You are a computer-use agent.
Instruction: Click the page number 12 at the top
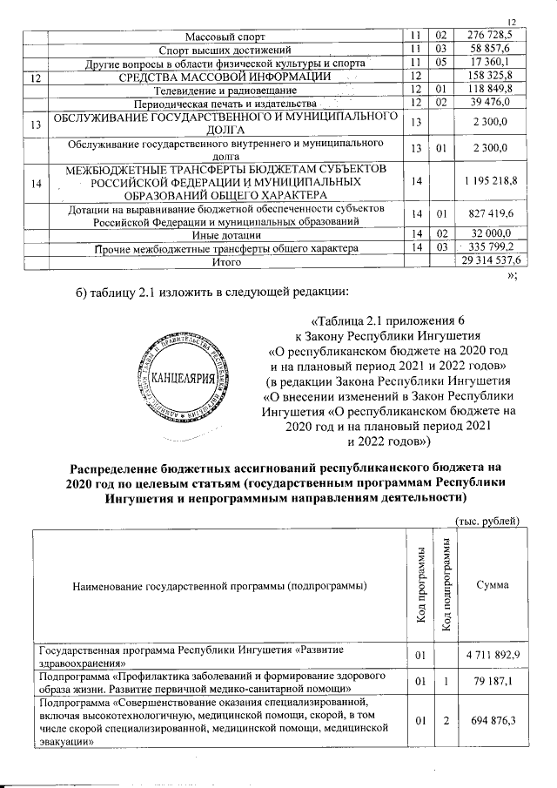(513, 23)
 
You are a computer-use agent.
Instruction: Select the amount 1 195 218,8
(489, 179)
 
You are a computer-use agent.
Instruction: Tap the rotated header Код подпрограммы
(444, 586)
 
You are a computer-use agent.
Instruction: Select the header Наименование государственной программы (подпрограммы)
(218, 587)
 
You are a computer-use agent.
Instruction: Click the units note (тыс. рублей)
(487, 521)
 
